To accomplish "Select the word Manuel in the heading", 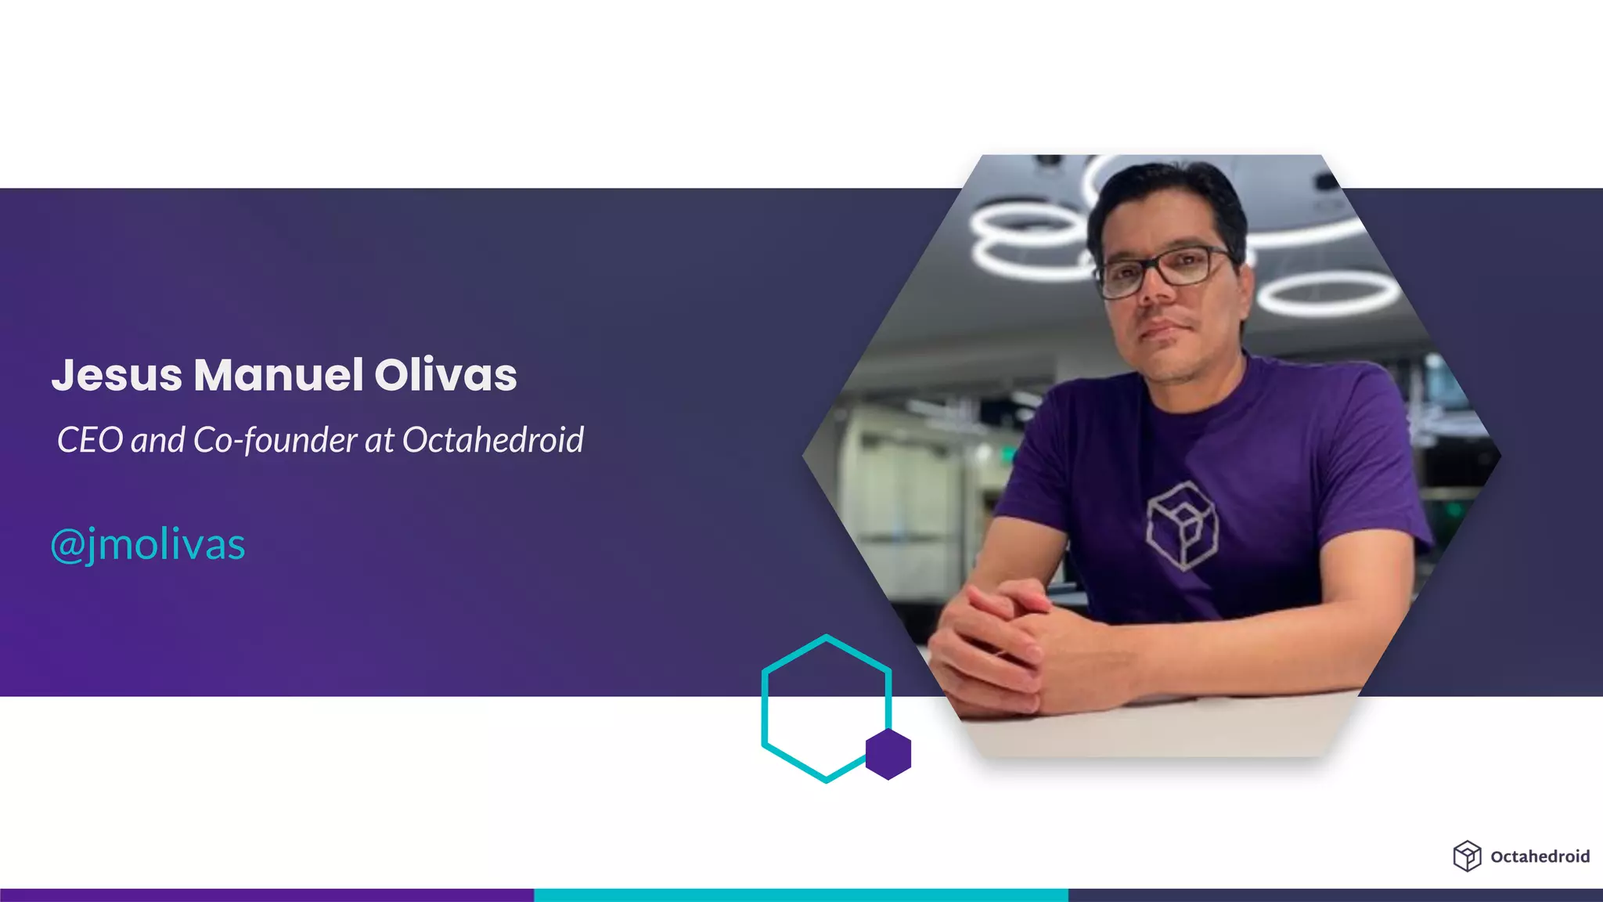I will pos(279,375).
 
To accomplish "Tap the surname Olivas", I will pos(445,375).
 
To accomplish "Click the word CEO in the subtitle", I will pos(90,440).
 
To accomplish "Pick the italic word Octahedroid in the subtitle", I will pos(493,440).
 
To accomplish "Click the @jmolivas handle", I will pos(148,544).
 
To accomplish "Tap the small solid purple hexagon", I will pos(888,754).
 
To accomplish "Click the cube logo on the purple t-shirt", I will pos(1182,525).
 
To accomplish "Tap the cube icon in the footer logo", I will pos(1467,856).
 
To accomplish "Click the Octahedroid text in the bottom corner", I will pos(1540,857).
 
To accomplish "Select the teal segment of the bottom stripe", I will pos(801,895).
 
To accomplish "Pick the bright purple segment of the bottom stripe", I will pos(266,895).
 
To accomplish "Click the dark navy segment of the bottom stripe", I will pos(1335,895).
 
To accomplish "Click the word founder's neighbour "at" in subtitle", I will pos(379,440).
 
